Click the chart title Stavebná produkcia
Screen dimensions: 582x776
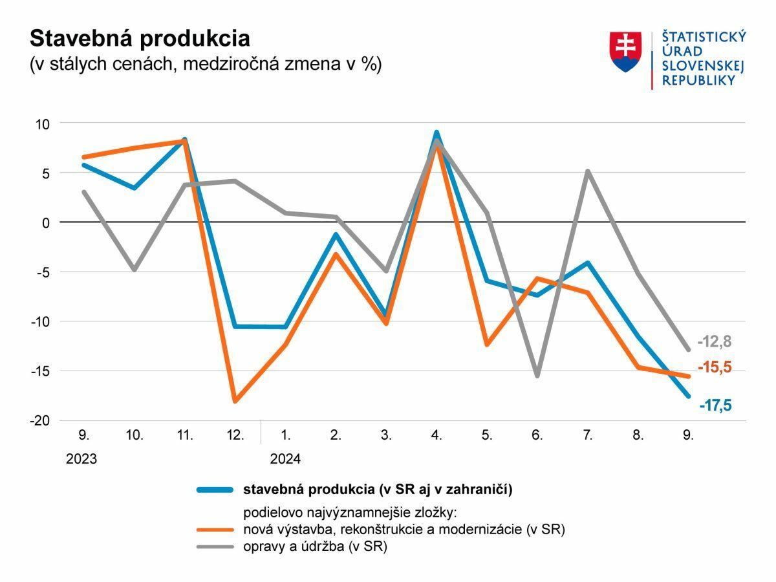[140, 38]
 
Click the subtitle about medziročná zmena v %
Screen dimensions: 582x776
[206, 65]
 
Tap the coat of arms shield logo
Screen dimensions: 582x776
[625, 52]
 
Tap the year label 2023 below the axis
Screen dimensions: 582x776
[81, 459]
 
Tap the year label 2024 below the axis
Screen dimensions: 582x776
[285, 459]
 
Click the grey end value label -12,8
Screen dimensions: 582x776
[715, 342]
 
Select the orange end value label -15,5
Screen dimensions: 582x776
[715, 367]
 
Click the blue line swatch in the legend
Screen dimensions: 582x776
[214, 490]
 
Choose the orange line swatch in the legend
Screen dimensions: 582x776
[214, 530]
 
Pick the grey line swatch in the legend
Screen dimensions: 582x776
[214, 547]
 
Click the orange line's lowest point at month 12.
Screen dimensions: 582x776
[235, 402]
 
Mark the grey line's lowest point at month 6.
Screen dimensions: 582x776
[537, 376]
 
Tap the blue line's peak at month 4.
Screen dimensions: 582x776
[436, 133]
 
